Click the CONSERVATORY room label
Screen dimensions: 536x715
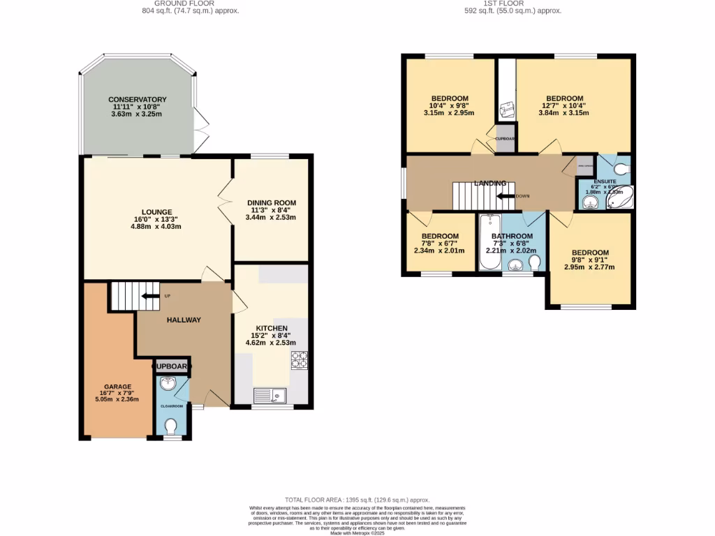tap(137, 100)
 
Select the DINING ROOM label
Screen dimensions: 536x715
tap(271, 203)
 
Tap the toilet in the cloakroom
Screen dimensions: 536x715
tap(171, 425)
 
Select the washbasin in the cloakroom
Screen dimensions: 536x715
tap(167, 384)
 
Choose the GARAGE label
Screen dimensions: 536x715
tap(118, 386)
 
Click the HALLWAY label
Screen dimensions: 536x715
tap(184, 320)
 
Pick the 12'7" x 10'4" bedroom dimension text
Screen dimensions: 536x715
tap(564, 106)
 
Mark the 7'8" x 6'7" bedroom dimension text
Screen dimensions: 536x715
tap(439, 244)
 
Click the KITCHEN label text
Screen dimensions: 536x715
tap(272, 328)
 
